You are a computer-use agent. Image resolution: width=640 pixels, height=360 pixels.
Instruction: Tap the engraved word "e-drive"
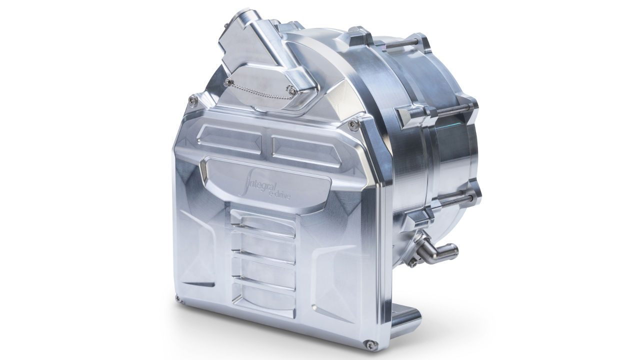(279, 195)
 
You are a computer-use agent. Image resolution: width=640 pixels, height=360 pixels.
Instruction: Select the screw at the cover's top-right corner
(353, 124)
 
